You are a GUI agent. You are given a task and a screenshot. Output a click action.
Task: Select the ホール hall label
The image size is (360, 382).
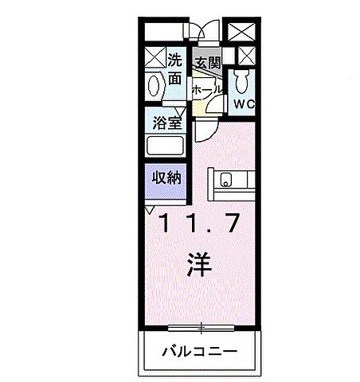(x=206, y=91)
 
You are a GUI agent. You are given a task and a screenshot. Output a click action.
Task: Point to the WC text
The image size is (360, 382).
(x=244, y=103)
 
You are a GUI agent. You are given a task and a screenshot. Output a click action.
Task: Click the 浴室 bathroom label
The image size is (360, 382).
(x=166, y=123)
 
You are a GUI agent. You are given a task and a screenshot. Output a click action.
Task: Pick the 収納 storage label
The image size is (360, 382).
(x=166, y=177)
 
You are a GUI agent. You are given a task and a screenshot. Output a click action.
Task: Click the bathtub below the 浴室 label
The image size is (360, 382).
(x=166, y=146)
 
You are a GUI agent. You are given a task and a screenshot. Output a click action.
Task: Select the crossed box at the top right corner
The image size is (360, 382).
(x=241, y=31)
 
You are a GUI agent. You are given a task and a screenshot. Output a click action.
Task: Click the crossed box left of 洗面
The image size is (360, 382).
(x=155, y=58)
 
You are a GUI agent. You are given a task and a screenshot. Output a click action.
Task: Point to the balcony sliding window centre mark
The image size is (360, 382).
(x=201, y=326)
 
